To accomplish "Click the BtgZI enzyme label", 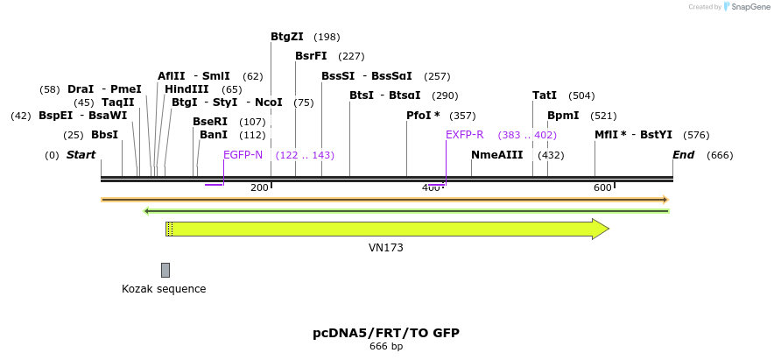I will click(286, 37).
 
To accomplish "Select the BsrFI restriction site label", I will click(311, 56).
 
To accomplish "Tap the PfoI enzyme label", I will click(423, 116).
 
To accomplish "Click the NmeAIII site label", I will click(496, 155).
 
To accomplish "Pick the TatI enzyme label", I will click(545, 95).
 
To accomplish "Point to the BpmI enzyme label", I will click(563, 116).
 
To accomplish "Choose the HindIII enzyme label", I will click(186, 89).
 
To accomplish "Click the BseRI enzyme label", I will click(210, 122).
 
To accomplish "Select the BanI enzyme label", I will click(214, 135).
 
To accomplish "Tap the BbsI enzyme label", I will click(104, 135).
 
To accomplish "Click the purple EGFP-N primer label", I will click(243, 155).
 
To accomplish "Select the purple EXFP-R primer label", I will click(464, 135).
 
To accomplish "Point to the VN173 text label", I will click(386, 248).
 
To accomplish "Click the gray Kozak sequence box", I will click(165, 270).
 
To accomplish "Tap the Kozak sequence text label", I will click(164, 289).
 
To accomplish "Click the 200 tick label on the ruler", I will click(259, 188).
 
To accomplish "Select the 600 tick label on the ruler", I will click(602, 188).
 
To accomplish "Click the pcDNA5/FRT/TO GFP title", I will click(386, 333).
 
